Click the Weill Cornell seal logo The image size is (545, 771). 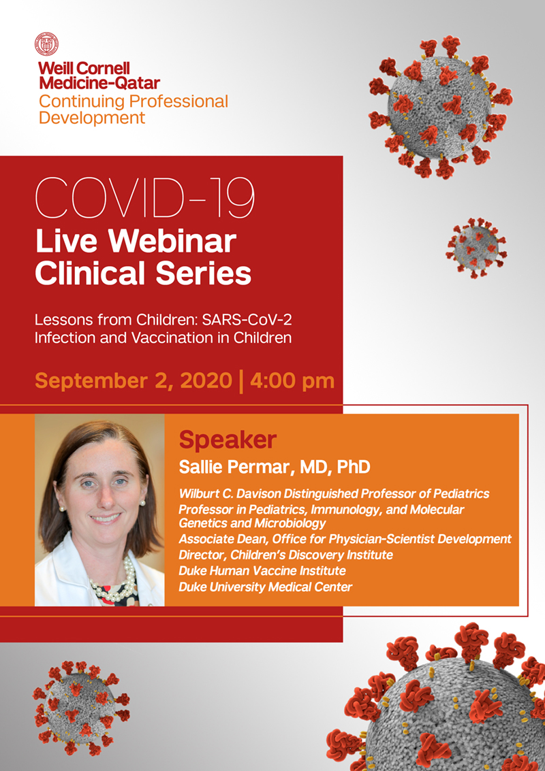[x=47, y=44]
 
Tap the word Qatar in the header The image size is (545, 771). [x=138, y=82]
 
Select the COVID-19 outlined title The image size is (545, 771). [x=145, y=199]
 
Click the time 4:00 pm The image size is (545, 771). [x=292, y=381]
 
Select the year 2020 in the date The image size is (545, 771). [x=206, y=381]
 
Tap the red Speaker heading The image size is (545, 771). [x=228, y=440]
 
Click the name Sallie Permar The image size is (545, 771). [x=232, y=467]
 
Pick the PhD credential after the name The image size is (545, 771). [x=354, y=467]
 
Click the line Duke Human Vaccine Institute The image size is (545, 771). [x=262, y=570]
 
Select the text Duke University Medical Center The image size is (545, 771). [x=266, y=587]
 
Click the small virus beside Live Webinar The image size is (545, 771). [x=476, y=248]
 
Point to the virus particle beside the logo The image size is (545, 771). [x=441, y=106]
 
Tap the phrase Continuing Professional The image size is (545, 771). [x=134, y=102]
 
